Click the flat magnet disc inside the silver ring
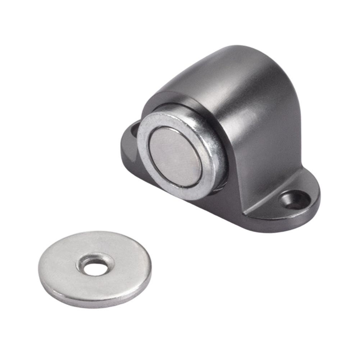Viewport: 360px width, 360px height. (x=175, y=157)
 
